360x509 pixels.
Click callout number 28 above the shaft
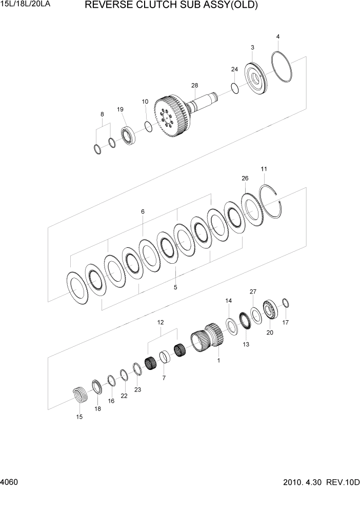pyautogui.click(x=194, y=85)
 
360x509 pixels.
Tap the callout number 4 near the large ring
pyautogui.click(x=277, y=36)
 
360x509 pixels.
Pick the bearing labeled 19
pyautogui.click(x=127, y=134)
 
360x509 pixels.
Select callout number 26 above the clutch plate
pyautogui.click(x=245, y=178)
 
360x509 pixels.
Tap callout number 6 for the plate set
pyautogui.click(x=143, y=211)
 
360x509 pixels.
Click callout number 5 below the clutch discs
pyautogui.click(x=175, y=287)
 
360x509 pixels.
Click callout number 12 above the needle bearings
pyautogui.click(x=161, y=322)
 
